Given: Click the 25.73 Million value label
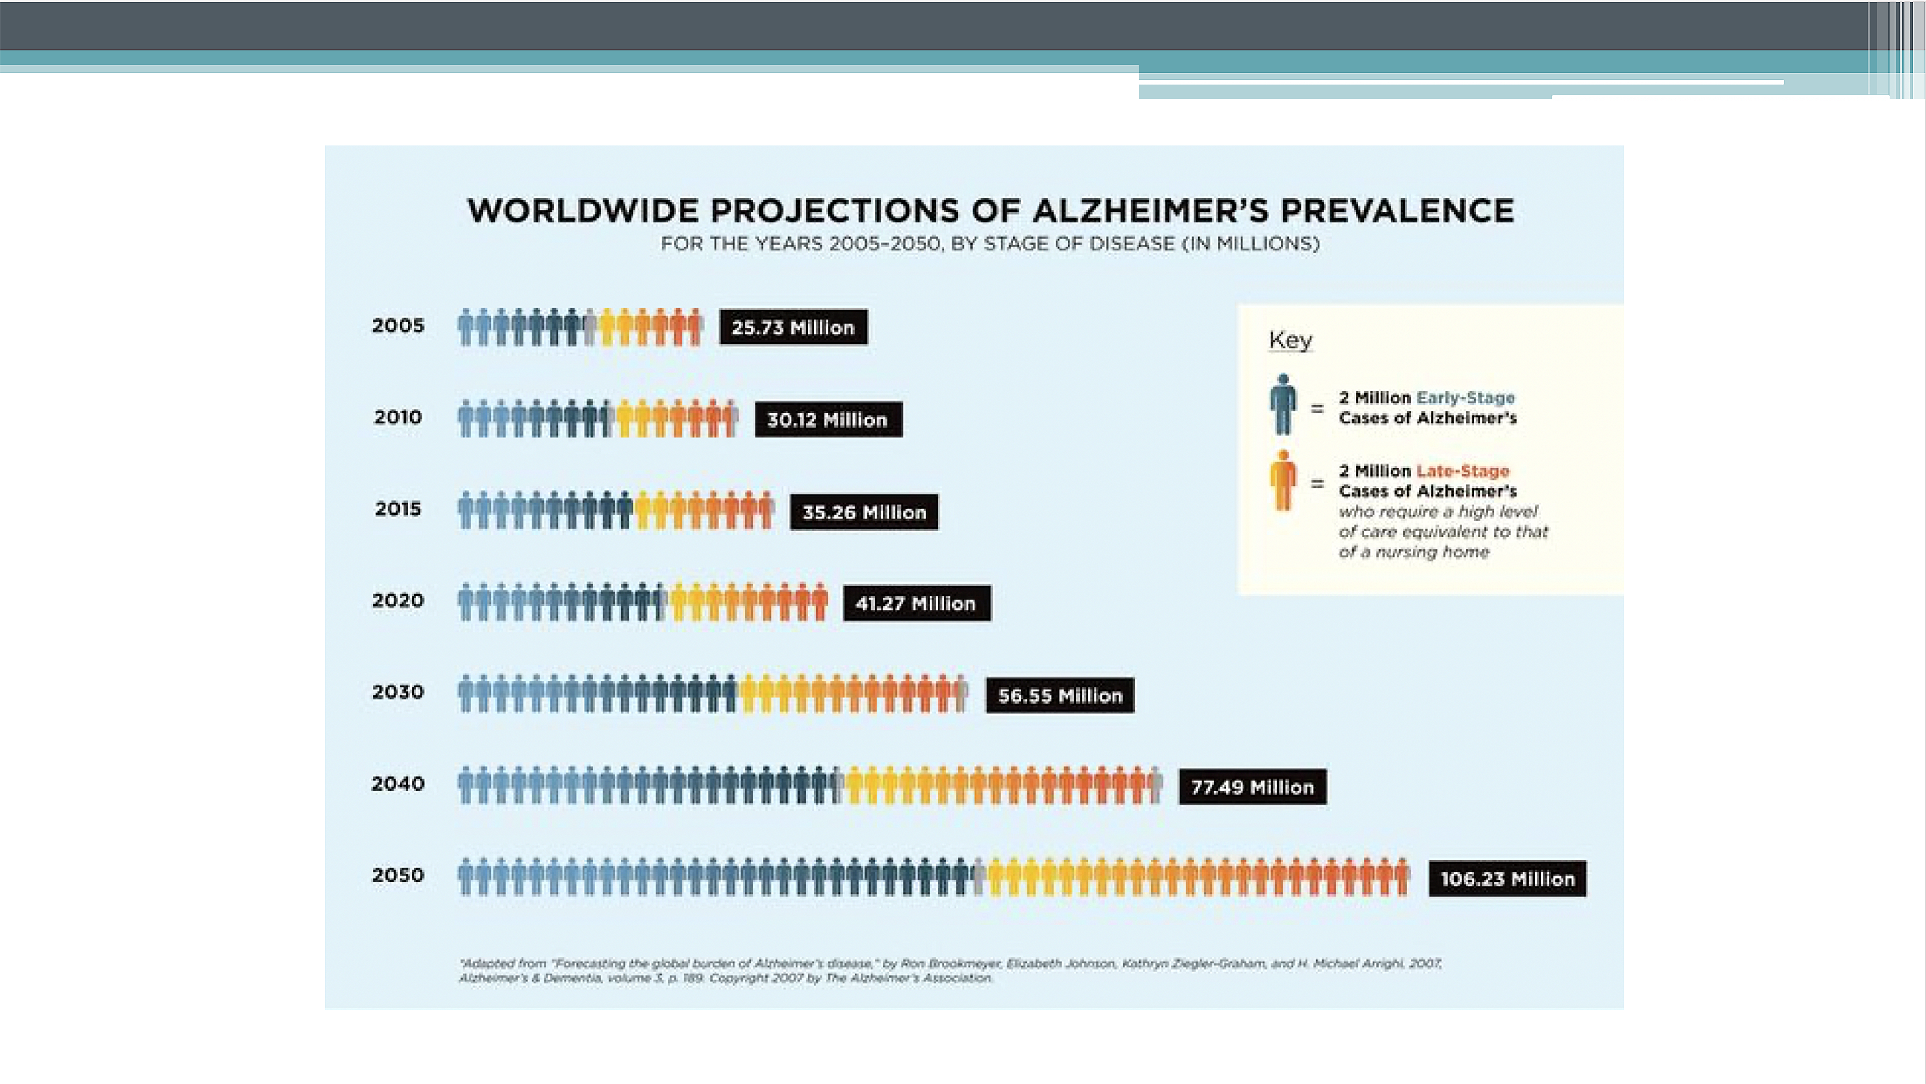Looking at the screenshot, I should click(793, 328).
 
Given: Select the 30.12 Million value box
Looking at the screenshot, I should click(828, 419).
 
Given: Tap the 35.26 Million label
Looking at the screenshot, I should click(864, 512).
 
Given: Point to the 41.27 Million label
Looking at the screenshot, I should click(917, 603).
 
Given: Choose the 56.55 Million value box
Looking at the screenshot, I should click(1059, 695).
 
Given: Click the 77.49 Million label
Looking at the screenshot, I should click(1252, 787).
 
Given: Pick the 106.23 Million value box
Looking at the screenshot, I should click(1507, 879).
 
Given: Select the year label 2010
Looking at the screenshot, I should click(398, 417).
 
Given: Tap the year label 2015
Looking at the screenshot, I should click(398, 509).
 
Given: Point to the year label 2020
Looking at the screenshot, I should click(398, 600).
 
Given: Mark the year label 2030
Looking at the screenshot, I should click(398, 692).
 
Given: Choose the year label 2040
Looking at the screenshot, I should click(398, 784).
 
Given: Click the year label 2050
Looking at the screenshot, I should click(398, 875).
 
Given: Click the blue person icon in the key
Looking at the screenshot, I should click(1283, 404).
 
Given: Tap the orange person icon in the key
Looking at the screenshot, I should click(1283, 481).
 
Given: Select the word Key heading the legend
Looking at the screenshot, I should click(1291, 340).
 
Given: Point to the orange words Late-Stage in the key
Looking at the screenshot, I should click(1462, 471).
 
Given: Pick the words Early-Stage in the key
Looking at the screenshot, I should click(1466, 398).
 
